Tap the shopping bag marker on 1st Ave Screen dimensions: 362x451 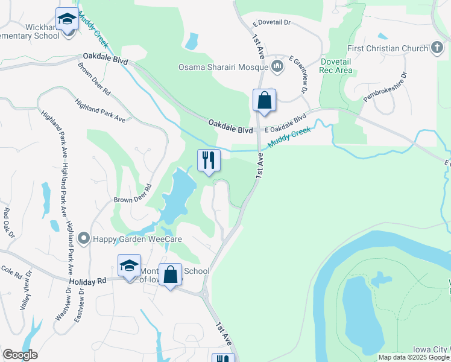click(265, 101)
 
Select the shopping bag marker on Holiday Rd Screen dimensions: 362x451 click(171, 275)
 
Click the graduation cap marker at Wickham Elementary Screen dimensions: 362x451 click(66, 20)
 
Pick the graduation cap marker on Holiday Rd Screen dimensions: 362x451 click(129, 266)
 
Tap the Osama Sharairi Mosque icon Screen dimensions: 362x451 click(277, 66)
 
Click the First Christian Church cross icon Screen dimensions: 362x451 click(437, 48)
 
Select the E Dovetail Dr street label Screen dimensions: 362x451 click(272, 22)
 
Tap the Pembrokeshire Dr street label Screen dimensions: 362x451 click(385, 87)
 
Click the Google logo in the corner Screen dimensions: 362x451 click(20, 355)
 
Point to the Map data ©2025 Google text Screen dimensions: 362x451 click(414, 357)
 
